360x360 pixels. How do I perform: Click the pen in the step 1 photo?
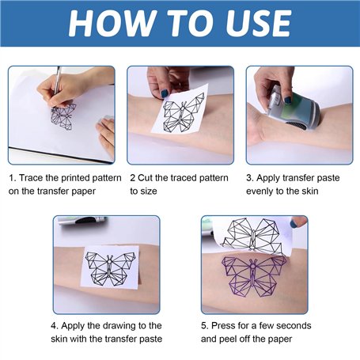57,82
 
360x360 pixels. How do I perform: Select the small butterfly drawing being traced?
63,116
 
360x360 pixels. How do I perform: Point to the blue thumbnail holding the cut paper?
165,93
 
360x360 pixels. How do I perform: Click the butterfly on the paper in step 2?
184,113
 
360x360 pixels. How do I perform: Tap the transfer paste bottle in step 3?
292,108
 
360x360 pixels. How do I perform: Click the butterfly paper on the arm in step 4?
112,267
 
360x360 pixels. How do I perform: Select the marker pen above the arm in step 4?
81,220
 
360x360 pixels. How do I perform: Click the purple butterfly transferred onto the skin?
253,275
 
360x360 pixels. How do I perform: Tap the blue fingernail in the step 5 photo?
294,224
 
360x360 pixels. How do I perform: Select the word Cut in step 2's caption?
145,178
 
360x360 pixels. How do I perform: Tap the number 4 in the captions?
54,326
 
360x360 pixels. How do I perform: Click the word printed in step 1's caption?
75,179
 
